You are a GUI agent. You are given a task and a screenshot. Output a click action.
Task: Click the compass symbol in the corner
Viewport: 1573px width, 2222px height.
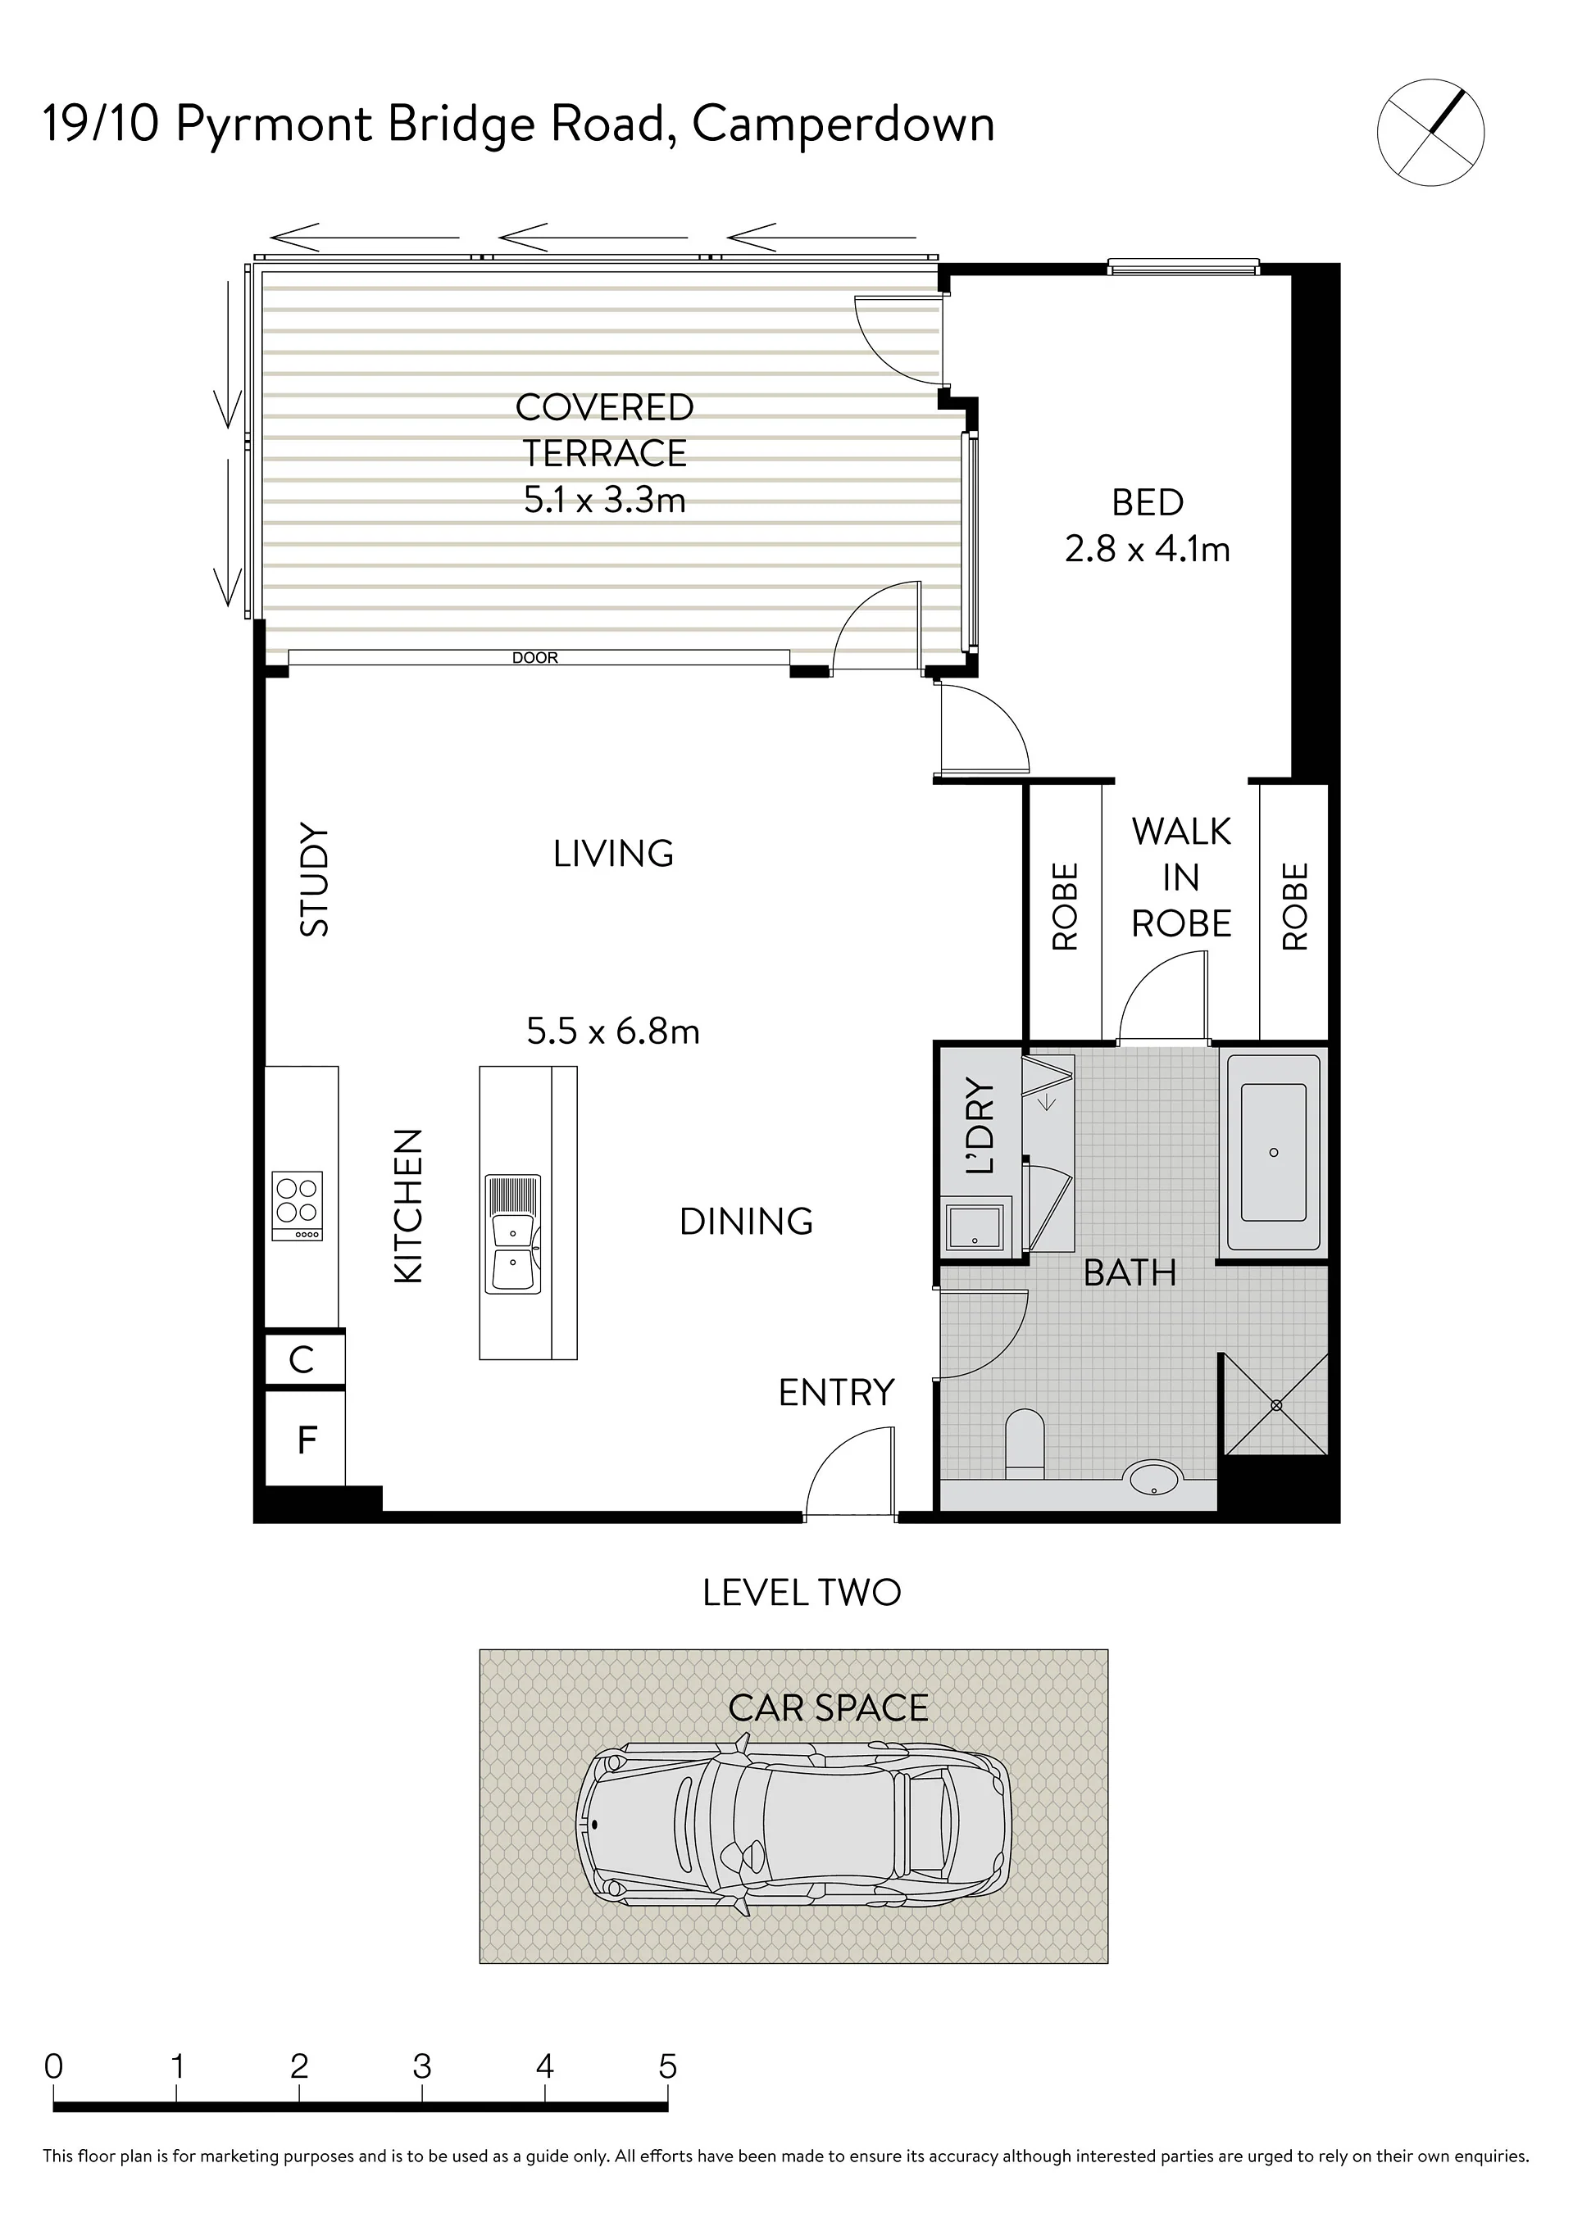1430,132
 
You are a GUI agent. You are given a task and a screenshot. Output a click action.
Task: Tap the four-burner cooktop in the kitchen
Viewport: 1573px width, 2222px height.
298,1206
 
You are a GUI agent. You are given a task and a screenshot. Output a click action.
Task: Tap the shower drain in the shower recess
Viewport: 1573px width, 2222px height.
1275,1405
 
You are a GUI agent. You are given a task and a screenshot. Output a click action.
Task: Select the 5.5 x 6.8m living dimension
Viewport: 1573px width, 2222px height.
613,1032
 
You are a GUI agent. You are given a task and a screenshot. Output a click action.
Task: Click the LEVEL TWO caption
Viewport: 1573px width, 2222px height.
802,1593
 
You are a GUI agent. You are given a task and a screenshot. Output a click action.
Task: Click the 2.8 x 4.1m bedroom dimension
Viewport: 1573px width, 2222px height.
1148,549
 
